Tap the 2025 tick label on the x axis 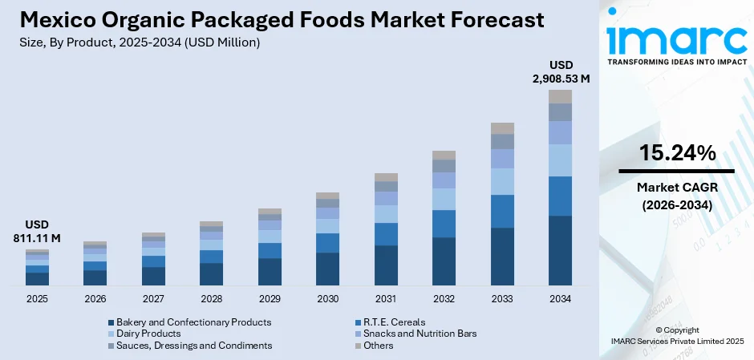click(x=37, y=298)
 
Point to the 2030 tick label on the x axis click(x=327, y=298)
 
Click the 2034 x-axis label click(x=560, y=298)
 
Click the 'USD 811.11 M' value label click(x=37, y=232)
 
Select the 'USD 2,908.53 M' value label click(x=559, y=71)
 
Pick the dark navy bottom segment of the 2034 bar click(x=560, y=250)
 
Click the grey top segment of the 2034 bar click(x=560, y=96)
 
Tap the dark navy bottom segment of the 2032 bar click(x=444, y=261)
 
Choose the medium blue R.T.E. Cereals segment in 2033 click(x=502, y=211)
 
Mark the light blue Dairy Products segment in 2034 click(x=560, y=160)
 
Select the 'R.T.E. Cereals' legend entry click(x=393, y=322)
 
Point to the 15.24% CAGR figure click(x=676, y=153)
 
